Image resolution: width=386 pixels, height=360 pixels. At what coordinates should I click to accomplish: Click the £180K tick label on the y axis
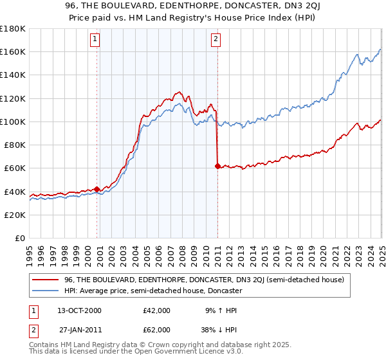(13, 29)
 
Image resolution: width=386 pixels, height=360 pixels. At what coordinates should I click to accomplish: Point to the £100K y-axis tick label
(13, 122)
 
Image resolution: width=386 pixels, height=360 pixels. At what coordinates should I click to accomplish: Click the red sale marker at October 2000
(97, 189)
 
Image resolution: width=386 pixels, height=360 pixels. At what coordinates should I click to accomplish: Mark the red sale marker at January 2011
(217, 166)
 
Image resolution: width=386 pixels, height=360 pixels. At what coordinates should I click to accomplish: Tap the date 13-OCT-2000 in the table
(79, 310)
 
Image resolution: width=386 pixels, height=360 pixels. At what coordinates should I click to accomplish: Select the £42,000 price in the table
(156, 310)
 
